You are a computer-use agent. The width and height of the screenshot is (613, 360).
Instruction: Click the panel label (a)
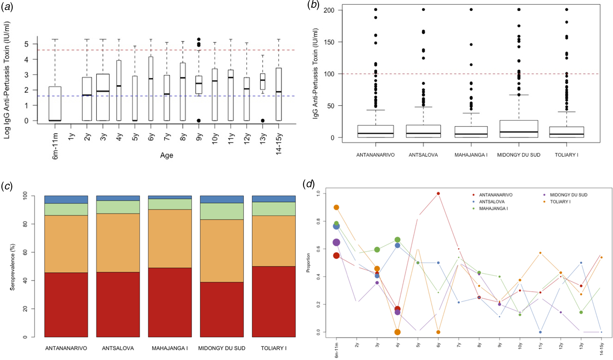click(x=7, y=7)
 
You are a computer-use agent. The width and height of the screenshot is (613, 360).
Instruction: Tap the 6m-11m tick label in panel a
click(x=55, y=146)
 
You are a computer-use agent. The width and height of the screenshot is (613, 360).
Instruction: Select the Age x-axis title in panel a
click(x=166, y=155)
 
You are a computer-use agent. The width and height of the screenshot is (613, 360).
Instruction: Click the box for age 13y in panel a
click(x=263, y=81)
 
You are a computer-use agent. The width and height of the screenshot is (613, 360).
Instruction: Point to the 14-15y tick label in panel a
click(x=279, y=144)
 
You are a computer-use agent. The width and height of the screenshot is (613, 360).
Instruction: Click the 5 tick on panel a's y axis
click(x=26, y=44)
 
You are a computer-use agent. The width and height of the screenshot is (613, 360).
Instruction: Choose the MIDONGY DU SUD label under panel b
click(x=518, y=155)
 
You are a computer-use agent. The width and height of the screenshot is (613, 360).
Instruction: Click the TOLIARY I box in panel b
click(x=566, y=132)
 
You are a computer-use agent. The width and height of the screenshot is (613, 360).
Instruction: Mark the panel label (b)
click(x=313, y=5)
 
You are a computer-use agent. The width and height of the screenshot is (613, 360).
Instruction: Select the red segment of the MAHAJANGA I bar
click(x=170, y=302)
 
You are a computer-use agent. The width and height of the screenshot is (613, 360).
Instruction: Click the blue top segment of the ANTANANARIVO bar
click(x=66, y=199)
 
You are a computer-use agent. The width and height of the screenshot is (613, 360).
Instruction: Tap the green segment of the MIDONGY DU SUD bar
click(x=222, y=211)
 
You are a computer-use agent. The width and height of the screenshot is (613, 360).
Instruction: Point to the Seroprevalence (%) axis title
click(x=13, y=267)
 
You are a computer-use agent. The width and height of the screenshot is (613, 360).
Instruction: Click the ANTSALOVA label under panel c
click(x=118, y=348)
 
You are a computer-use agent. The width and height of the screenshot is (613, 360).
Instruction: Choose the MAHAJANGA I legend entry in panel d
click(x=493, y=208)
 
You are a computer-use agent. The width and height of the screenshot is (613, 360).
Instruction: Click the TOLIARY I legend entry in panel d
click(x=560, y=202)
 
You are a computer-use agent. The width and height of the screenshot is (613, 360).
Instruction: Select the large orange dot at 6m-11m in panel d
click(x=336, y=208)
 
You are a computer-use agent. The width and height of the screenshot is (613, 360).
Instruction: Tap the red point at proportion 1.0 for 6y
click(x=438, y=194)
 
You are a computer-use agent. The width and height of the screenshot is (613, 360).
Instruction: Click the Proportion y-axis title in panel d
click(x=308, y=263)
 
